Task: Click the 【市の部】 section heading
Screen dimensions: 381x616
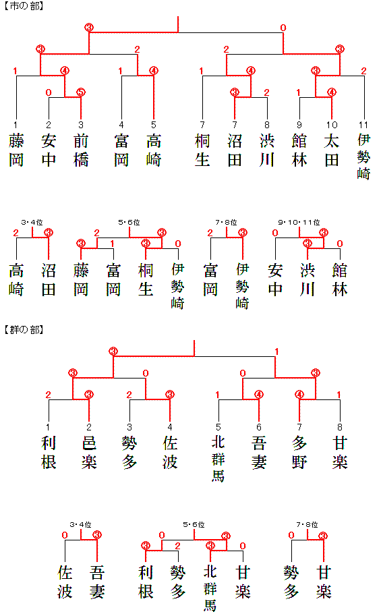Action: click(x=24, y=6)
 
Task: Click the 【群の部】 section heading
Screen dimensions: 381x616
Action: click(x=24, y=329)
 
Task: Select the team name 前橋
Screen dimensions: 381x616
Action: click(x=81, y=150)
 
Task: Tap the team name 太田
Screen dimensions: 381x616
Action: click(x=332, y=150)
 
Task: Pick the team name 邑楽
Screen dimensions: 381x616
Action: click(x=89, y=453)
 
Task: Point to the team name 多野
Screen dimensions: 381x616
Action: click(x=299, y=453)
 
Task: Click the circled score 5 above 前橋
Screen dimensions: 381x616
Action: click(x=81, y=92)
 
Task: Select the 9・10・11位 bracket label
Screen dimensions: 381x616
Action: click(x=299, y=223)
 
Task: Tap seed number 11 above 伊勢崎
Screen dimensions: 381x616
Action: click(x=363, y=125)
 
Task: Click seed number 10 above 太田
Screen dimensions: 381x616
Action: click(x=332, y=125)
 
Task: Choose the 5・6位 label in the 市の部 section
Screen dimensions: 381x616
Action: click(x=129, y=223)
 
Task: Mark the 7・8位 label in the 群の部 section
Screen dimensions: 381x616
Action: click(x=307, y=524)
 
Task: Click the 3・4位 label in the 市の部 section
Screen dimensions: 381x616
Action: click(x=32, y=223)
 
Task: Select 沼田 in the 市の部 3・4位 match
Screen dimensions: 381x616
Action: click(x=49, y=280)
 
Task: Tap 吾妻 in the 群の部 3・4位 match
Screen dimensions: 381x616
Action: click(x=97, y=582)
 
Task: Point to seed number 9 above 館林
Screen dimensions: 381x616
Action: click(x=299, y=125)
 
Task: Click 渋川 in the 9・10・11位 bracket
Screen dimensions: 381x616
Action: click(x=307, y=280)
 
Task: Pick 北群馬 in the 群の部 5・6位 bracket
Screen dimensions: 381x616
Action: click(x=210, y=588)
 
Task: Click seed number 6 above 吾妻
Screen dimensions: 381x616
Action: click(x=259, y=427)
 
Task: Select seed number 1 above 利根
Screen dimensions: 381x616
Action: click(x=48, y=427)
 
